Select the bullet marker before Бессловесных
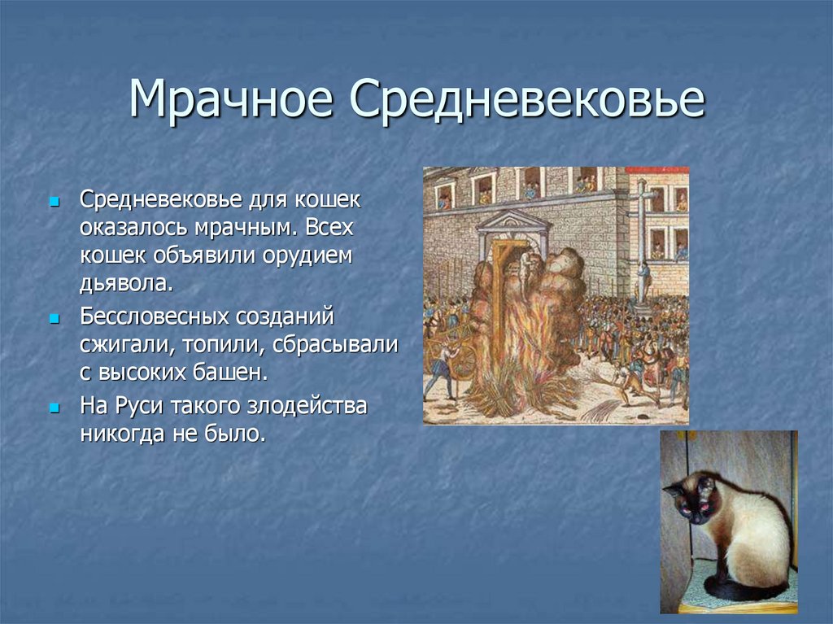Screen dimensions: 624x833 tap(55, 316)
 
